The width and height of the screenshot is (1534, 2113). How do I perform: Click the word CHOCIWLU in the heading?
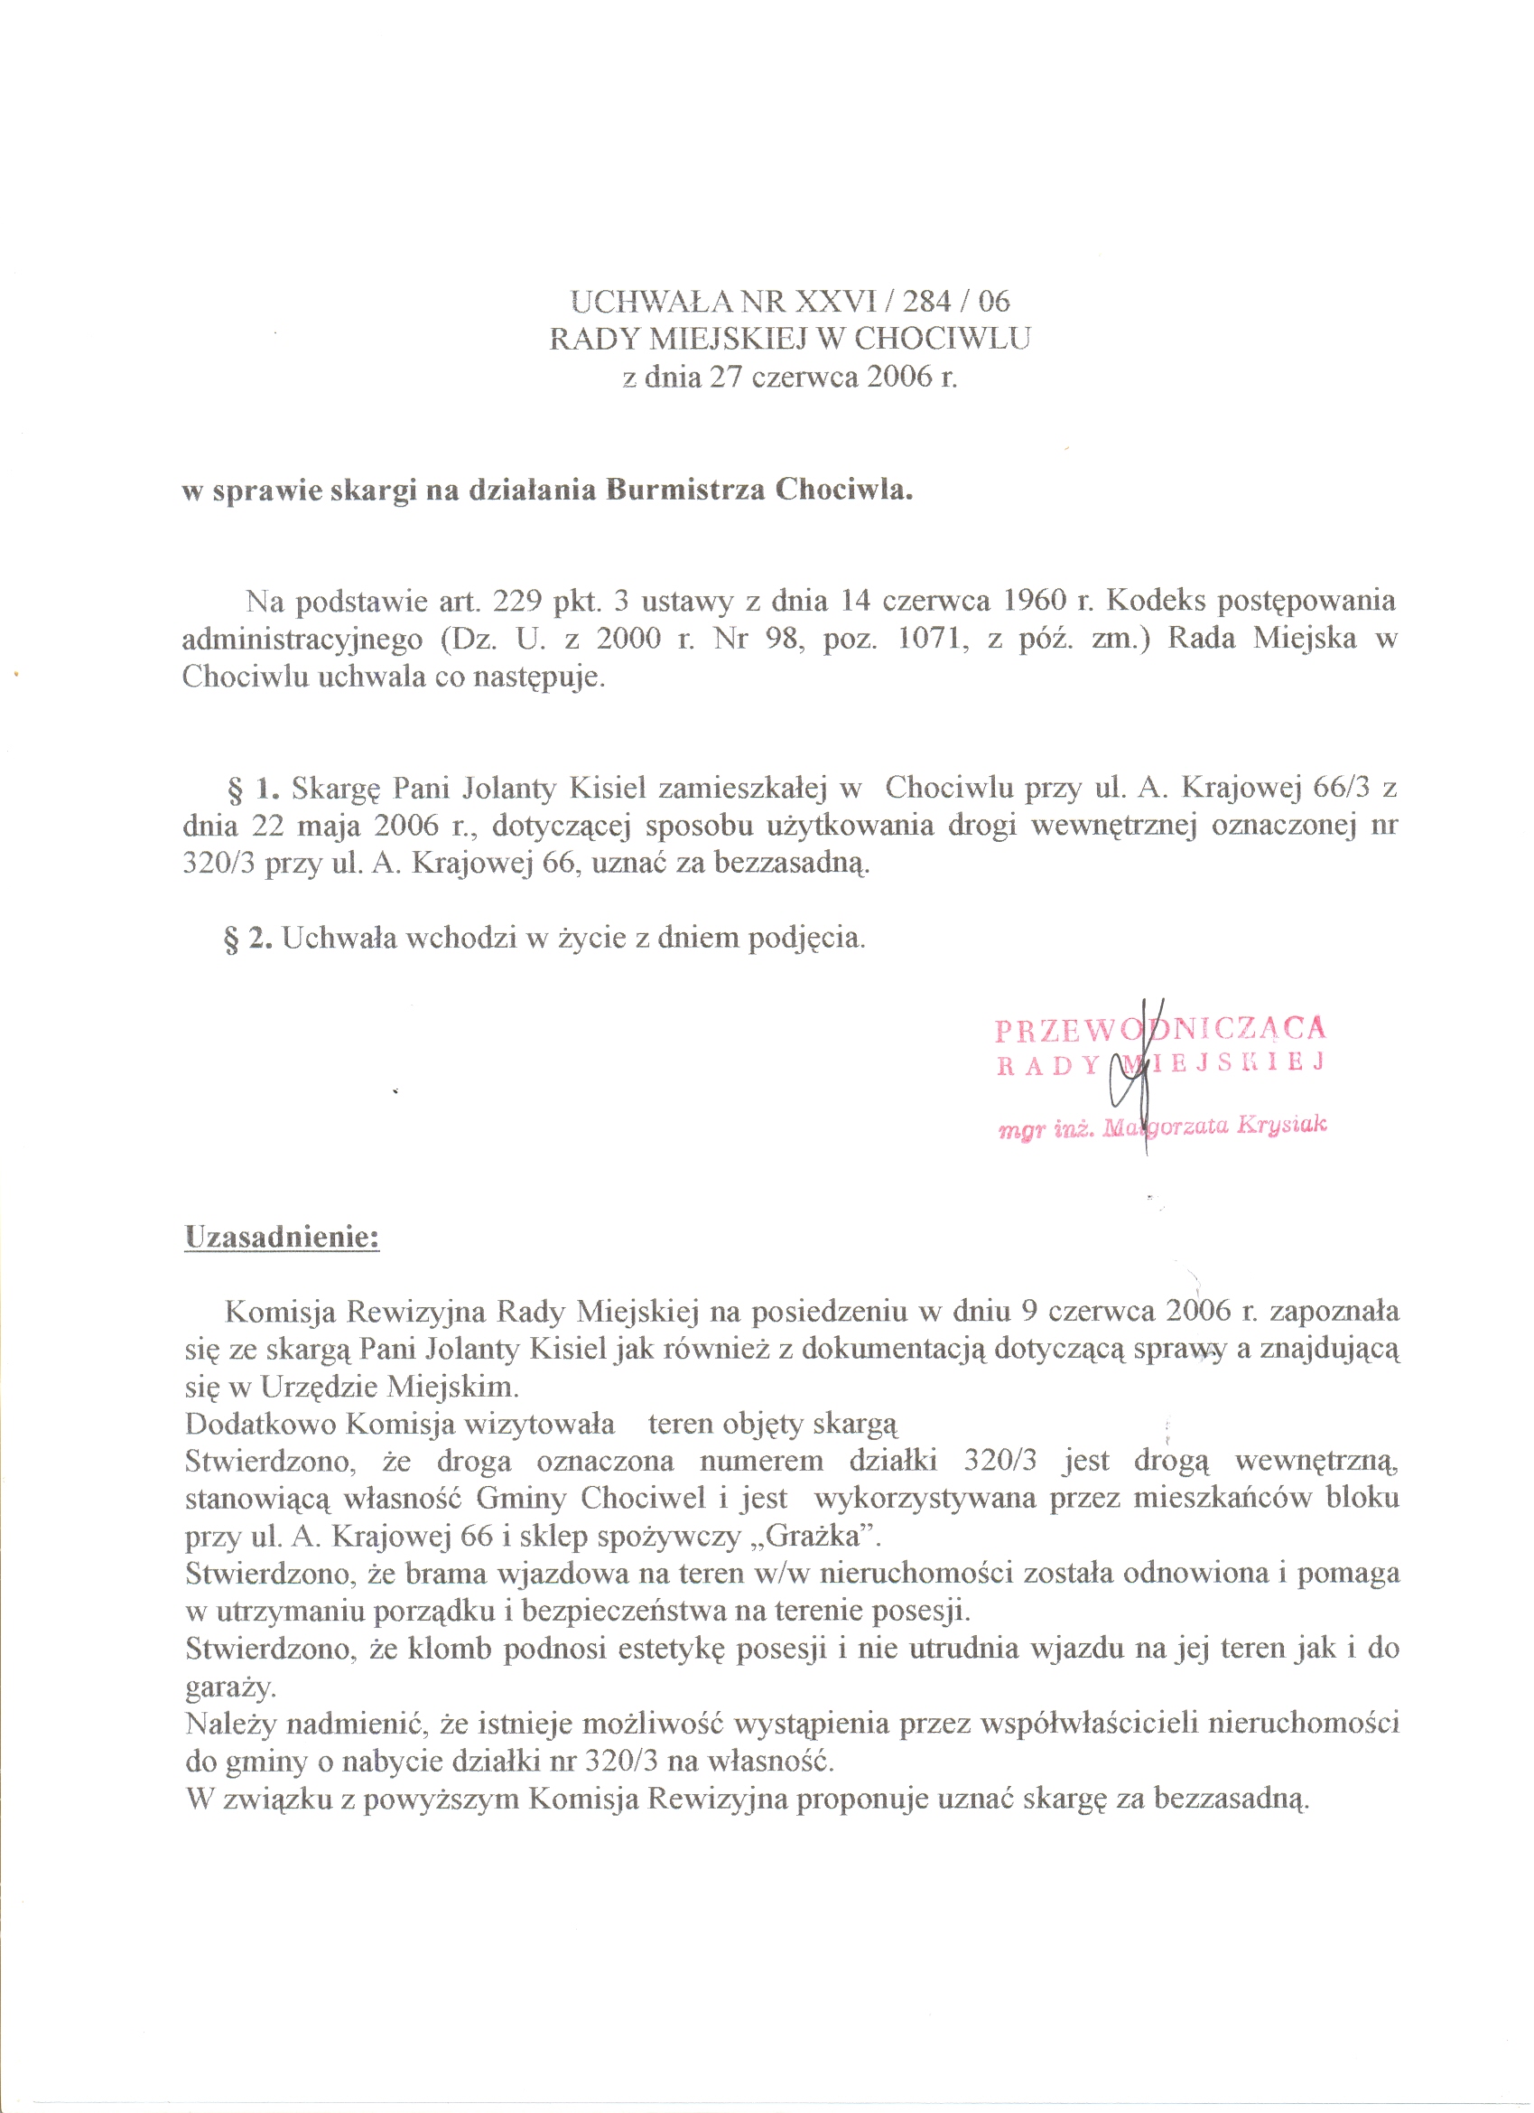(x=942, y=338)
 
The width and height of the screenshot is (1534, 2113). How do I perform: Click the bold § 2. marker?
(x=247, y=939)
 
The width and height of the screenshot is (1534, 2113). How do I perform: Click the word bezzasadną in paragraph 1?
(x=792, y=864)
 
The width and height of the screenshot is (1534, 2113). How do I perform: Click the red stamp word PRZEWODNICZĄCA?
(x=1160, y=1030)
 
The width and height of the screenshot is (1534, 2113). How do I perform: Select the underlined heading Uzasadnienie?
(x=283, y=1238)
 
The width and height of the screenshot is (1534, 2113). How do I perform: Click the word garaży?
(x=229, y=1688)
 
